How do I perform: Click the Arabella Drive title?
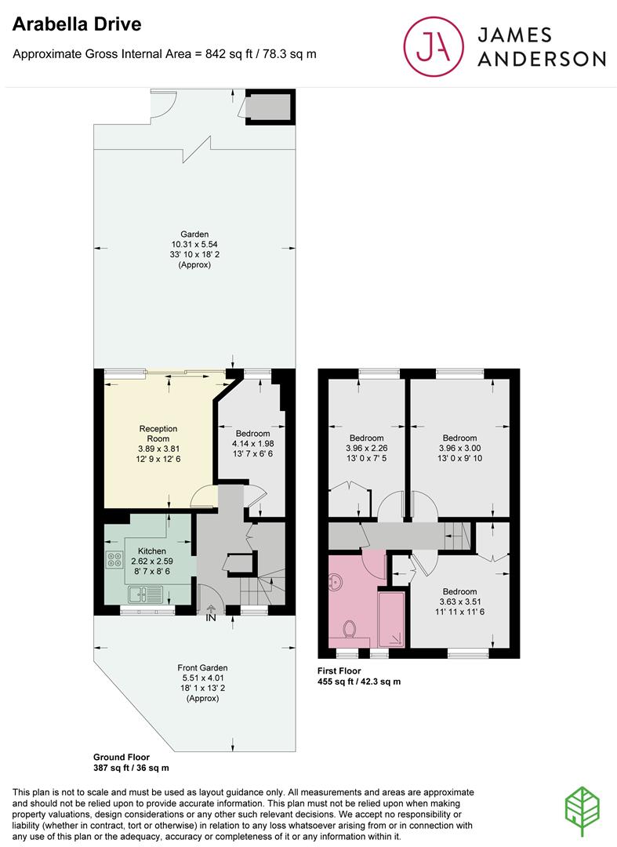tap(77, 24)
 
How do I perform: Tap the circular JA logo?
tap(434, 46)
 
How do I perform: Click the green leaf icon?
tap(583, 812)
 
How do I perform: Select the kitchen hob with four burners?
tap(114, 559)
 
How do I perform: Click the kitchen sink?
tap(145, 594)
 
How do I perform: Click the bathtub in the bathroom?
tap(391, 620)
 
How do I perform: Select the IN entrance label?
tap(211, 617)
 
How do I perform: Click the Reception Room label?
tap(158, 434)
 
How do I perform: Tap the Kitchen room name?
tap(151, 551)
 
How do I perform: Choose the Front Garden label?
tap(202, 667)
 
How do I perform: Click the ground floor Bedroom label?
tap(252, 433)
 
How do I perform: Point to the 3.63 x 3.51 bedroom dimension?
tap(459, 602)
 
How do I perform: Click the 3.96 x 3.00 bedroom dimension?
tap(459, 448)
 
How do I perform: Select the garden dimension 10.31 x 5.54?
tap(194, 244)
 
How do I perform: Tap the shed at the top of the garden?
tap(270, 107)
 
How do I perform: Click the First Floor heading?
tap(339, 671)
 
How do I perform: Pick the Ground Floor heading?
tap(122, 757)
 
